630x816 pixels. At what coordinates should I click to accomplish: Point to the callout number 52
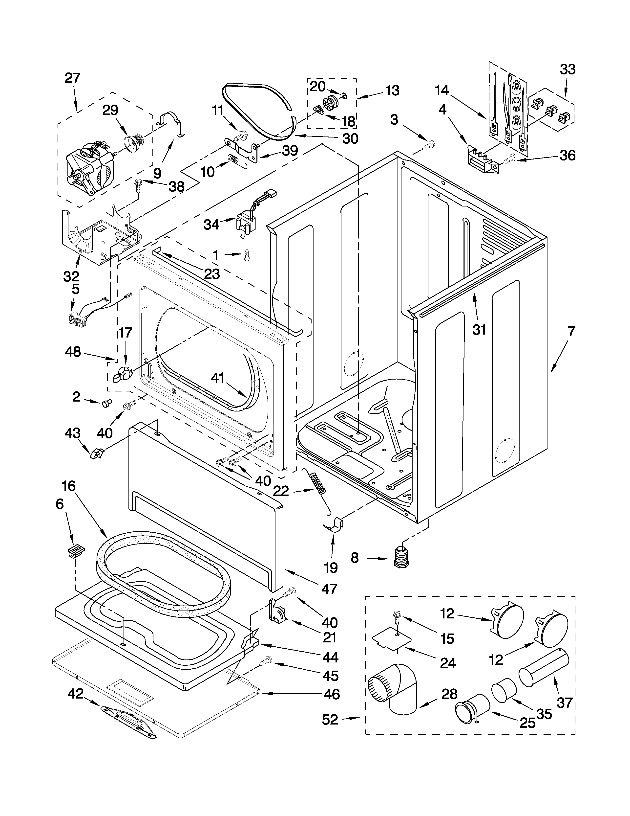point(330,720)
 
